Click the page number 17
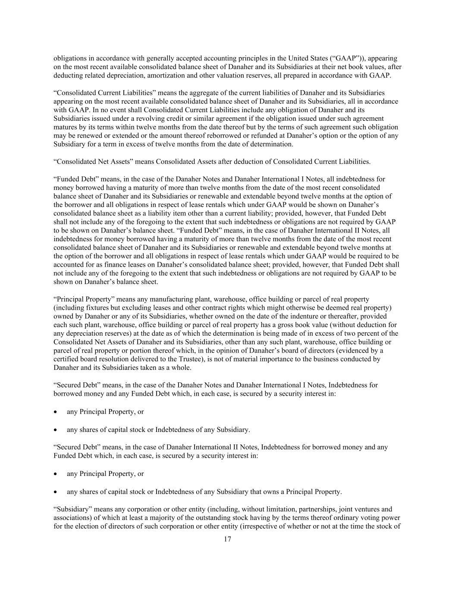227,539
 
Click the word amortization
165,75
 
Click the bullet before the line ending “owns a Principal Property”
56,491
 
